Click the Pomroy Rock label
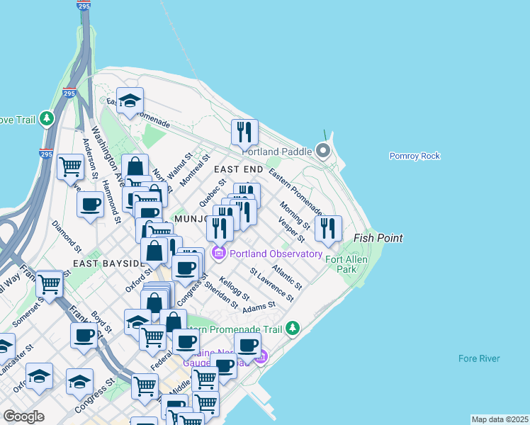coord(415,156)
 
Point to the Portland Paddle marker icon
coord(324,151)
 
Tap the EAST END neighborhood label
coord(238,170)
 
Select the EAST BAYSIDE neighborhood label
coord(108,263)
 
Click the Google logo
coord(23,416)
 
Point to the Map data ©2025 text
coord(499,419)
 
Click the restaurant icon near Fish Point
coord(327,228)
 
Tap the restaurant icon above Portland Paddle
coord(244,132)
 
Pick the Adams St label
coord(258,307)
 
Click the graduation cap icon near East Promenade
coord(130,101)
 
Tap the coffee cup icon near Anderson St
coord(90,204)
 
